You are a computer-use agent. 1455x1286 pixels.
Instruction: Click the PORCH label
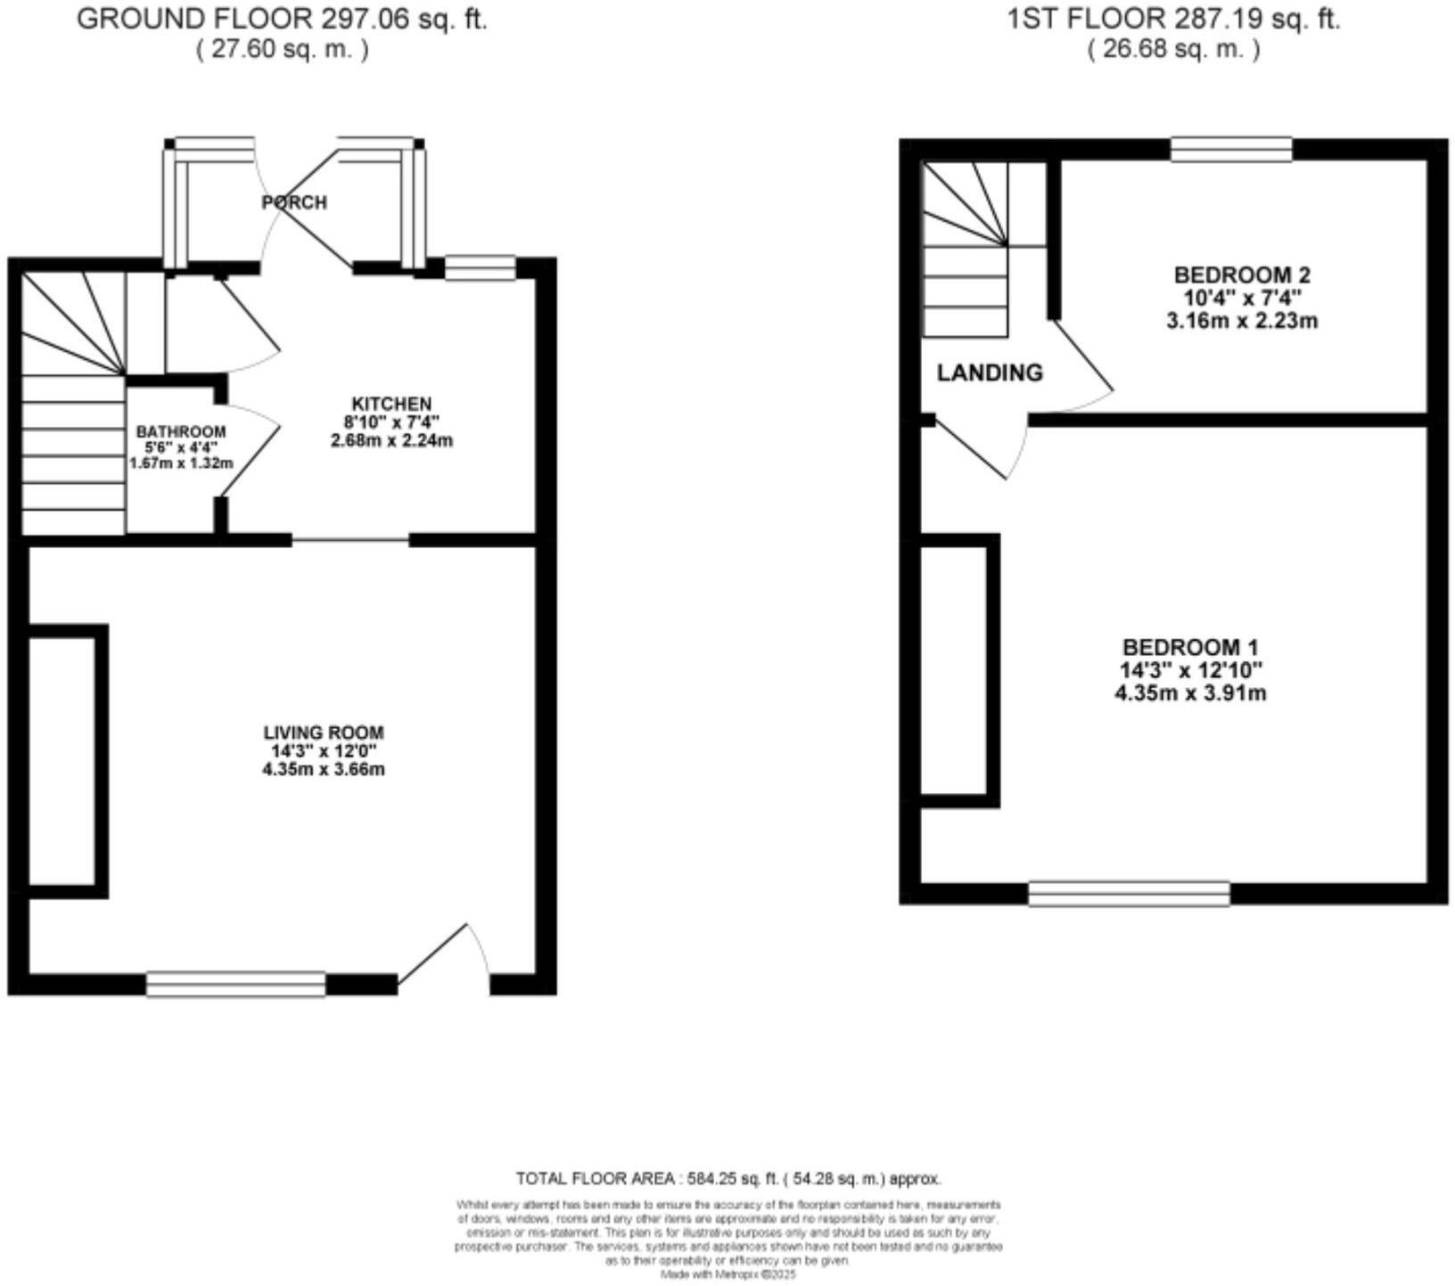click(x=294, y=202)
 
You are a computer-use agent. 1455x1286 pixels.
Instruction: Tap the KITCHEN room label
click(x=391, y=404)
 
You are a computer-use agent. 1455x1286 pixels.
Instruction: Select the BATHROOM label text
click(x=181, y=432)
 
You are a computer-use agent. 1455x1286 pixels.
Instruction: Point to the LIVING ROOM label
click(x=324, y=733)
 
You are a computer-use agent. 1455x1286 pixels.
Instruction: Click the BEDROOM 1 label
click(x=1190, y=647)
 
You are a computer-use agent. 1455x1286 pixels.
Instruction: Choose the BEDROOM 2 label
click(x=1242, y=274)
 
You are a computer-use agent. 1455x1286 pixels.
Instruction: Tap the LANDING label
click(x=990, y=373)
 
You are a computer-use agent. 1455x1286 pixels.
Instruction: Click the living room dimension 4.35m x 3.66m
click(x=324, y=769)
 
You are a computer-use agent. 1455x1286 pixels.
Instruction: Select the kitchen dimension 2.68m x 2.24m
click(x=391, y=440)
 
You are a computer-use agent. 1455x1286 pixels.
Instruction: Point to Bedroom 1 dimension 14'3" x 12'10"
click(x=1190, y=670)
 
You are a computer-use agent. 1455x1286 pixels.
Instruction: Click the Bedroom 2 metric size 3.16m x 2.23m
click(x=1242, y=321)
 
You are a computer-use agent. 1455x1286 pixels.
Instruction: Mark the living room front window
click(x=236, y=984)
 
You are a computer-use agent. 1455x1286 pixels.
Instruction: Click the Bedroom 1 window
click(x=1129, y=893)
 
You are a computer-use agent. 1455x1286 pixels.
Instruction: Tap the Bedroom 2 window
click(x=1231, y=150)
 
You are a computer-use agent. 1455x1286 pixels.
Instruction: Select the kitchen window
click(x=481, y=267)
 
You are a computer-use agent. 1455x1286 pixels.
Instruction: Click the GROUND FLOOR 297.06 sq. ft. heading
click(x=282, y=20)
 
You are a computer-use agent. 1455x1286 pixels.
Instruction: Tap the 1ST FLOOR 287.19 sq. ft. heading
click(x=1173, y=20)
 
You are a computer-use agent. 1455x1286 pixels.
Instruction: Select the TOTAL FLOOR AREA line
click(x=728, y=1178)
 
